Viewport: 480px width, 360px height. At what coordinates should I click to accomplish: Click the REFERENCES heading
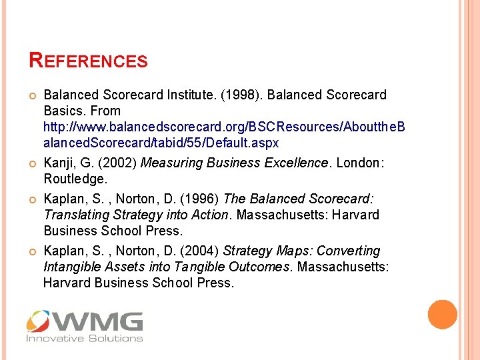(x=89, y=61)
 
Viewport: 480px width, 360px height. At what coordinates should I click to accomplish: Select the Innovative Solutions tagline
(x=85, y=339)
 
